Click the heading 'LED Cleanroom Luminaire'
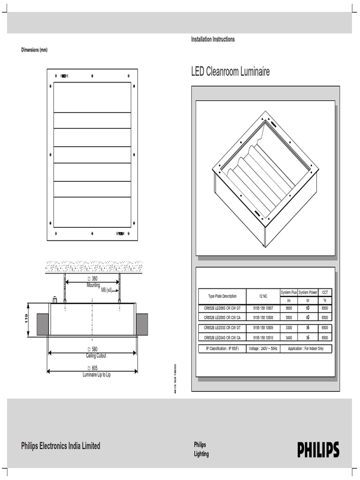pos(230,72)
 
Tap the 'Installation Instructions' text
pos(213,39)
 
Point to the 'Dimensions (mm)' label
pos(34,50)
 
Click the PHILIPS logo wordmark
pos(318,450)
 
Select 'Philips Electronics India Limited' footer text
pos(60,446)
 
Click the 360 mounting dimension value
pos(92,279)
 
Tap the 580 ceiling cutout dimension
pos(92,349)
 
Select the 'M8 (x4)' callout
pos(107,290)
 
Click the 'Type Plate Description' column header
pos(222,296)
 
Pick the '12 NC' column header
pos(262,296)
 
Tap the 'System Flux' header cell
pos(289,292)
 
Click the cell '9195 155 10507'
pos(262,308)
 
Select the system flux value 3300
pos(289,328)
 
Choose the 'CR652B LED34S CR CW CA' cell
pos(222,337)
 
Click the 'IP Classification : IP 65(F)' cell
pos(222,349)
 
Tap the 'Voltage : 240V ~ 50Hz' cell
pos(263,349)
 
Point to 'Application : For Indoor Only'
pos(306,349)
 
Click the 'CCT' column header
pos(324,292)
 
